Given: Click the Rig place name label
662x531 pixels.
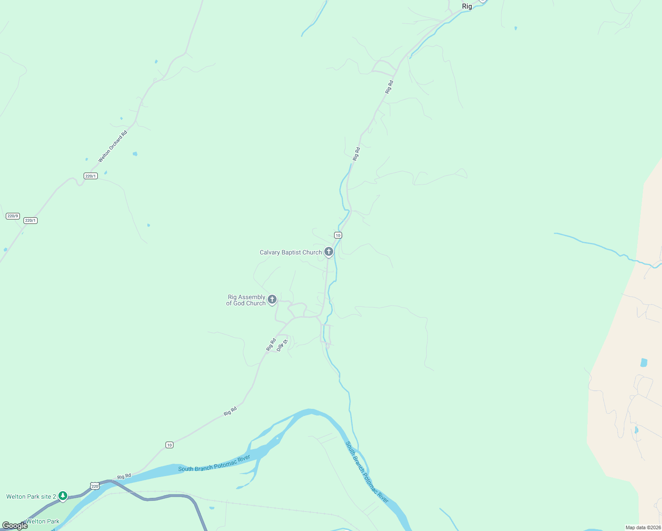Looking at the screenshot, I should point(467,6).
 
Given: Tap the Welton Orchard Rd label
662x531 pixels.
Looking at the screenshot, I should point(112,146).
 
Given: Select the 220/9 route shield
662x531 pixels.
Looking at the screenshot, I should point(12,216).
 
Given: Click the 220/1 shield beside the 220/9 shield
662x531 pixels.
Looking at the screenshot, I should point(30,220).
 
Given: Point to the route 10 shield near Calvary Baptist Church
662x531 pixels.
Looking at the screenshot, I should point(338,235).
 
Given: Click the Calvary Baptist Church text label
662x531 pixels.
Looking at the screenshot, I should point(291,253).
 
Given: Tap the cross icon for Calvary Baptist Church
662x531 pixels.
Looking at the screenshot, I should point(328,252).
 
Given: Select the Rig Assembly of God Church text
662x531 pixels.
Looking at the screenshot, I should point(246,300).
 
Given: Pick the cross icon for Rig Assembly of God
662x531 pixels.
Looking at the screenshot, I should point(272,300).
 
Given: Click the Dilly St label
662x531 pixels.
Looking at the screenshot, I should point(282,345).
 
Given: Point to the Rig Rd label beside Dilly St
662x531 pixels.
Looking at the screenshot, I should point(271,345).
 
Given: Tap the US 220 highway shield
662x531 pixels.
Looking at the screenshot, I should point(95,486).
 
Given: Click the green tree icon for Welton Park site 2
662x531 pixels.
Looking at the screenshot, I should point(63,496).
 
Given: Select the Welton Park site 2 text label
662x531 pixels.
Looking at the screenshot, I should point(31,496).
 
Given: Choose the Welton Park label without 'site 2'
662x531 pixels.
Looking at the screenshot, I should point(42,521).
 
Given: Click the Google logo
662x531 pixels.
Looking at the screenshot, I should point(15,526).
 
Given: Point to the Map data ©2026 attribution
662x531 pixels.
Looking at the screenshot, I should point(643,527).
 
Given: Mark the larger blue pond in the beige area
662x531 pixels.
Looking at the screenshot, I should point(644,363).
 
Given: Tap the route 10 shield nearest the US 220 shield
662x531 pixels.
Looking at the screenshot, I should point(169,445).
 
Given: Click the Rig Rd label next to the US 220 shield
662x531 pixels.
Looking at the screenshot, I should point(124,477).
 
